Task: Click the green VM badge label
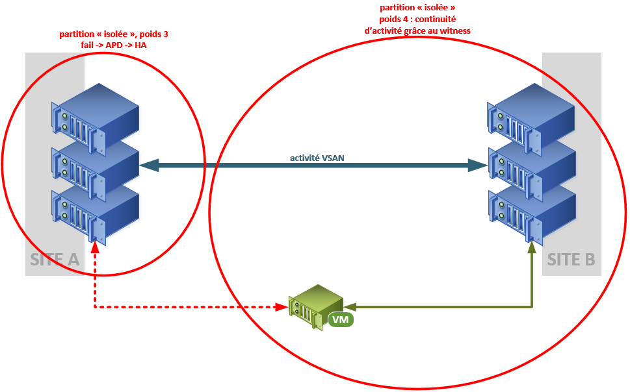[340, 319]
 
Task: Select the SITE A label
[55, 260]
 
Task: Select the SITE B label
[571, 260]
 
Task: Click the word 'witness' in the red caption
[456, 31]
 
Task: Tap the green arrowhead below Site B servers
[532, 247]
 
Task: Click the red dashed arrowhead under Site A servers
[96, 247]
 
